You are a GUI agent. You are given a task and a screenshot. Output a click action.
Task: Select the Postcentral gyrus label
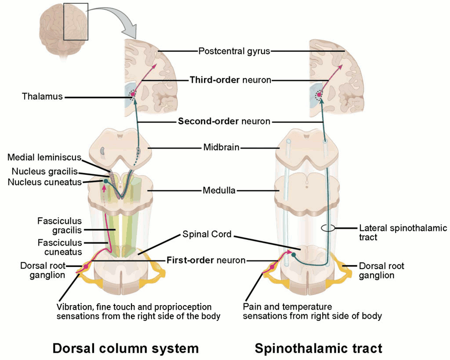(x=234, y=51)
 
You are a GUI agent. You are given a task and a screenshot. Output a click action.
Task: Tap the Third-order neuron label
(x=230, y=80)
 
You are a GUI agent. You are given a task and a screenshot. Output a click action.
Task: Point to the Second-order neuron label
(x=224, y=121)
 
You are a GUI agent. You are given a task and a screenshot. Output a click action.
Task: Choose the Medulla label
(x=219, y=190)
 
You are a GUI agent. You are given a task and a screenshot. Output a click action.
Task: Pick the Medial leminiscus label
(x=44, y=157)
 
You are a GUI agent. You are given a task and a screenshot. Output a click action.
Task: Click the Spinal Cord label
(x=207, y=234)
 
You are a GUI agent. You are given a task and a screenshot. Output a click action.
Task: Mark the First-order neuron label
(x=206, y=260)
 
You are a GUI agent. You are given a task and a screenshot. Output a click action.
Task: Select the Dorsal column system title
(x=125, y=348)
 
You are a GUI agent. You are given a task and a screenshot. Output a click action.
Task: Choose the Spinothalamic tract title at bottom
(x=318, y=348)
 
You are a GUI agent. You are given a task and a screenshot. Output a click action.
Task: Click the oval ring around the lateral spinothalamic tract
(x=328, y=228)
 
